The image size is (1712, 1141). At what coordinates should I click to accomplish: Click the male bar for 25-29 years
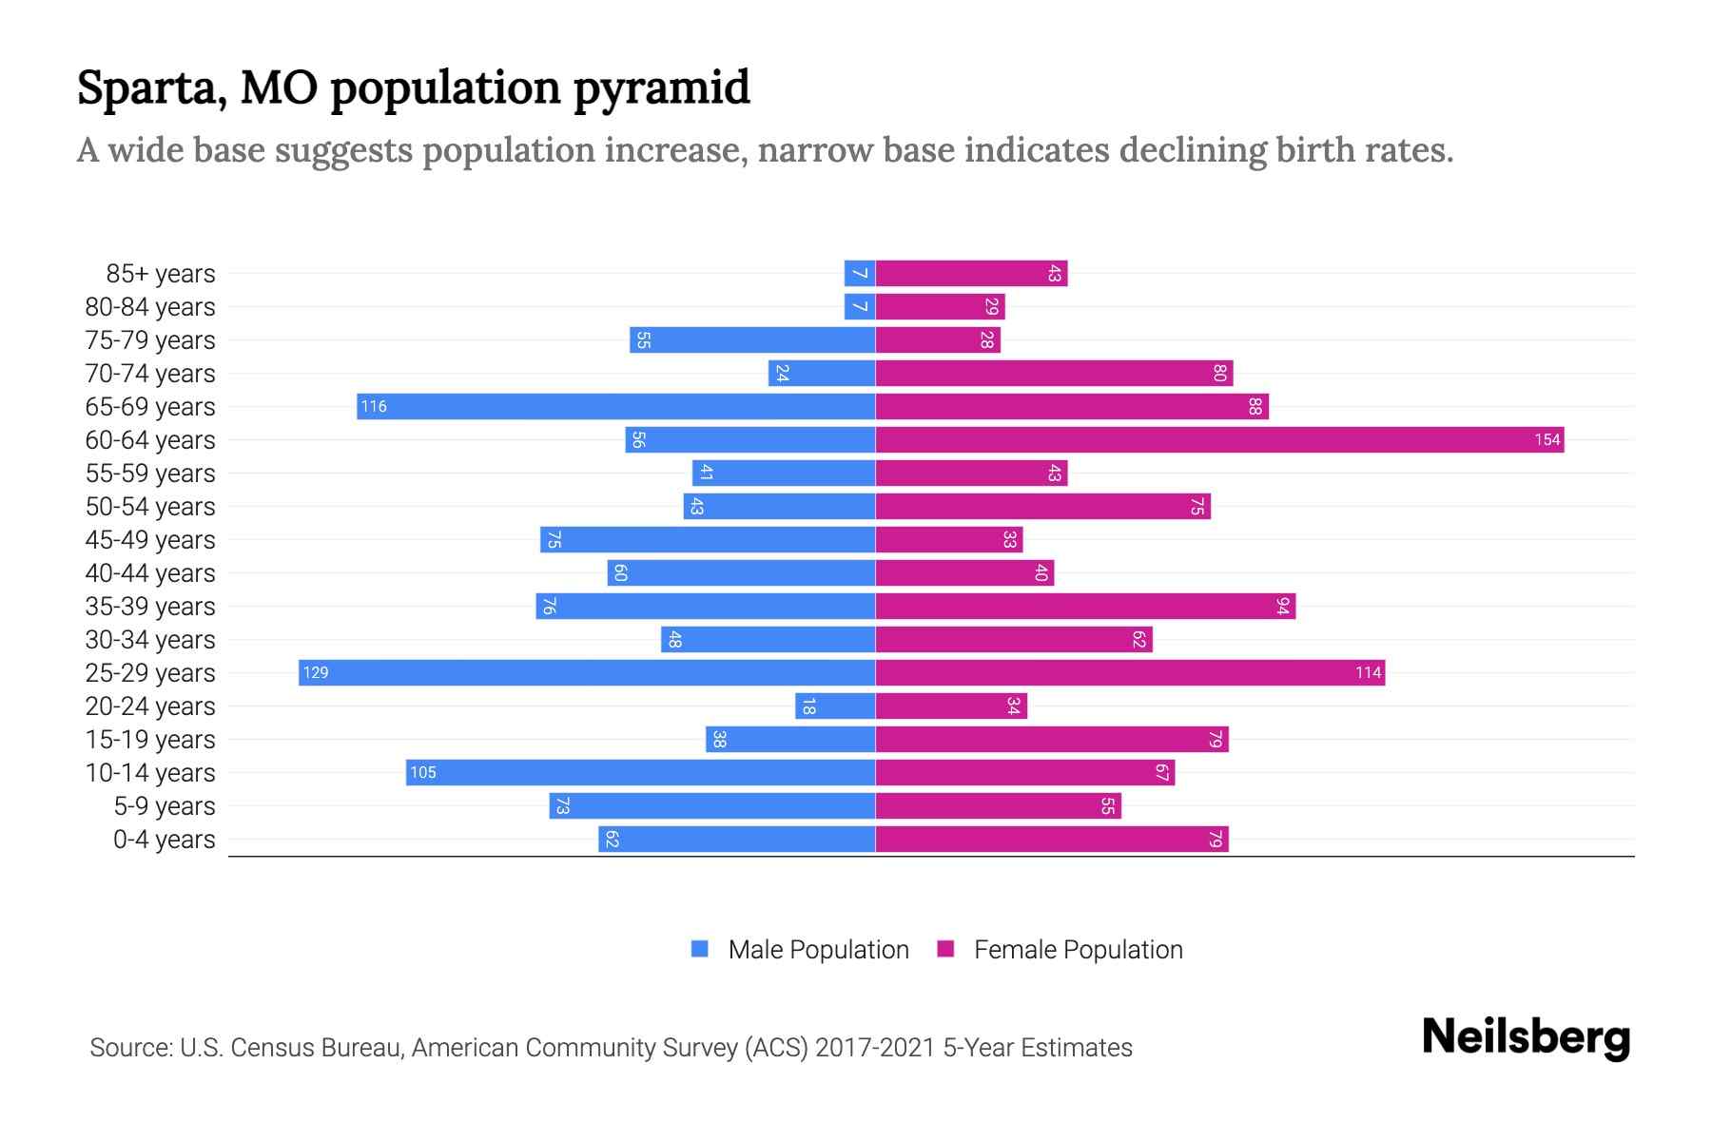[x=587, y=672]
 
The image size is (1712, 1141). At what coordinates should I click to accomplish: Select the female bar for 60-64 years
[x=1219, y=439]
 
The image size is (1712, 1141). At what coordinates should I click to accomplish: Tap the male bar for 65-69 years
[x=616, y=406]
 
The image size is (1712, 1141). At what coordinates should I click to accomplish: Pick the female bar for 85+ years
[x=971, y=273]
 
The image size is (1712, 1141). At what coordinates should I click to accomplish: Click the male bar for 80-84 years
[x=860, y=306]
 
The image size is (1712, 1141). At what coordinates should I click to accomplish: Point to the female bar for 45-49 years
[x=948, y=539]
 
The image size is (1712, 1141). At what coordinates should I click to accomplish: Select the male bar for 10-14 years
[x=640, y=772]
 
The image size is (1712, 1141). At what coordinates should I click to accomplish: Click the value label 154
[x=1547, y=439]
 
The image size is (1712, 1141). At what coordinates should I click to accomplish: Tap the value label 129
[x=316, y=672]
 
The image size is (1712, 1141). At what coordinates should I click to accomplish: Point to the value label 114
[x=1368, y=672]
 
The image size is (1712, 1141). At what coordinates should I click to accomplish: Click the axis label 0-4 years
[x=164, y=839]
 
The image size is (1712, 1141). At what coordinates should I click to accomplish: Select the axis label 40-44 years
[x=150, y=572]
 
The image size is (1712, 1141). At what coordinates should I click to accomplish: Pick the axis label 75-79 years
[x=150, y=339]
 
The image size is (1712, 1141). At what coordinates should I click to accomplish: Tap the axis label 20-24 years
[x=150, y=706]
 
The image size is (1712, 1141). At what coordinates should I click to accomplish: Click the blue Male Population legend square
[x=700, y=949]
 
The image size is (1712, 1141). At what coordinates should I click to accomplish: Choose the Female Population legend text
[x=1078, y=949]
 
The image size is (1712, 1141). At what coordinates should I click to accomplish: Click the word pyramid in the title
[x=661, y=87]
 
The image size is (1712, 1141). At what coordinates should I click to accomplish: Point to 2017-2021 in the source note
[x=875, y=1047]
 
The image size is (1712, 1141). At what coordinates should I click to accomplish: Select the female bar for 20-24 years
[x=951, y=706]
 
